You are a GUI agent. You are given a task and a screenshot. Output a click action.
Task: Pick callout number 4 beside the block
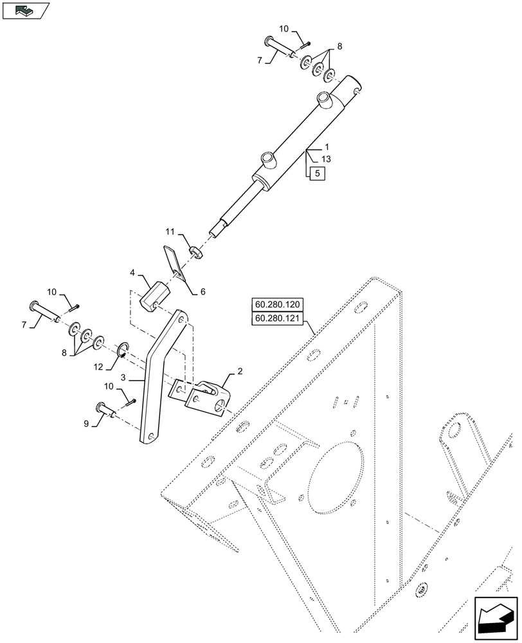coord(132,273)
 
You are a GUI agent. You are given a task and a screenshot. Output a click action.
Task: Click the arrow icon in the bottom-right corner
coord(496,619)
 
